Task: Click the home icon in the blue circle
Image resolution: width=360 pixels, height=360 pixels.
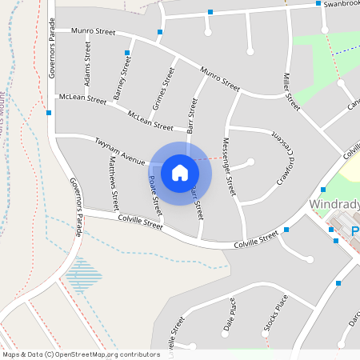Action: tap(180, 172)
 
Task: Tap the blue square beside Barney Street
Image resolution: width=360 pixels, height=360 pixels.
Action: tap(126, 53)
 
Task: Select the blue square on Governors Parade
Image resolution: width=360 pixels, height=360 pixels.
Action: tap(50, 113)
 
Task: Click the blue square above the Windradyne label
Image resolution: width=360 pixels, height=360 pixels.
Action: tap(322, 189)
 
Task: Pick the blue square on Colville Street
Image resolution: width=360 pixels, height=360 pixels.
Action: tap(286, 230)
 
